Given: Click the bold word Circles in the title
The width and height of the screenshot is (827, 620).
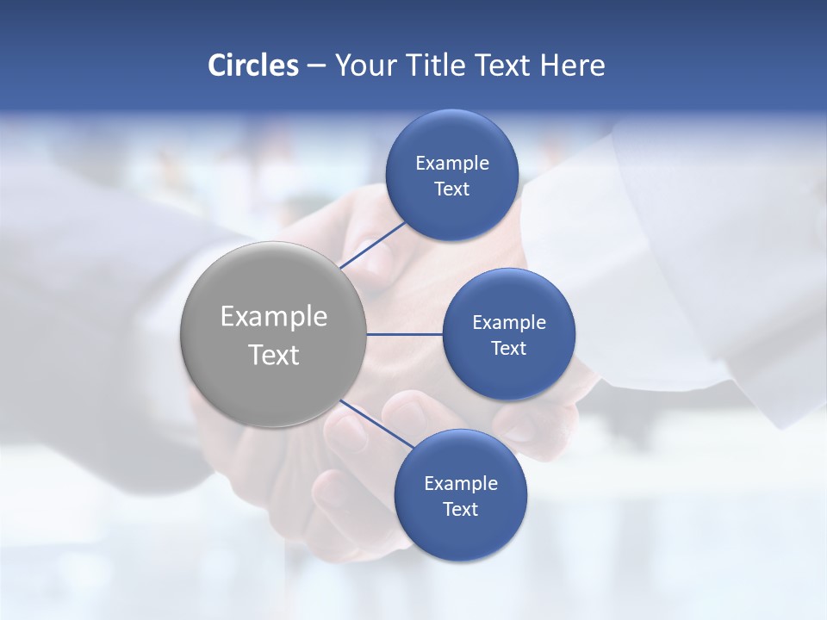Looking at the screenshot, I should pyautogui.click(x=252, y=65).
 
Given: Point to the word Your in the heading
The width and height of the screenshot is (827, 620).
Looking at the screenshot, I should pyautogui.click(x=366, y=65).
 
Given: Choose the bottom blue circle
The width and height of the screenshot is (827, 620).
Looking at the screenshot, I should pyautogui.click(x=460, y=534).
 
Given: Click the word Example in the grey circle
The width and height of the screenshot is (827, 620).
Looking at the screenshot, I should pyautogui.click(x=274, y=317).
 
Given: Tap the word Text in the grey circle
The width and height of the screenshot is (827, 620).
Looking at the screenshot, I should pyautogui.click(x=274, y=355).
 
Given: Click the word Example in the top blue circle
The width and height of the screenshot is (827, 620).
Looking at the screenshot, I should pyautogui.click(x=452, y=163).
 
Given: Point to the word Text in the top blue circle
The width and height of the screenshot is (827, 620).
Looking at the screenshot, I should pyautogui.click(x=451, y=189).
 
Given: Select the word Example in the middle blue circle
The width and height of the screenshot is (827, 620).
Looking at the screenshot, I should pyautogui.click(x=509, y=322).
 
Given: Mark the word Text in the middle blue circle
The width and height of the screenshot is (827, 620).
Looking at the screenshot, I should pyautogui.click(x=508, y=348).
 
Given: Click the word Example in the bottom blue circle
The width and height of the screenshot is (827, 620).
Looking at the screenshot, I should pyautogui.click(x=461, y=483).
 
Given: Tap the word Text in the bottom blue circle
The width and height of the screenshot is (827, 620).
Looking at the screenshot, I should pyautogui.click(x=460, y=509).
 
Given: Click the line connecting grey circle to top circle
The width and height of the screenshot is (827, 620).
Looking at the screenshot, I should pyautogui.click(x=374, y=244).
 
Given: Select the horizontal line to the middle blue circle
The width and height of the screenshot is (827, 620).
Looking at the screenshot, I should pyautogui.click(x=404, y=334).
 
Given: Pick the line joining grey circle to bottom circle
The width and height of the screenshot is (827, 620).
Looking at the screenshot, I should pyautogui.click(x=377, y=423).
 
